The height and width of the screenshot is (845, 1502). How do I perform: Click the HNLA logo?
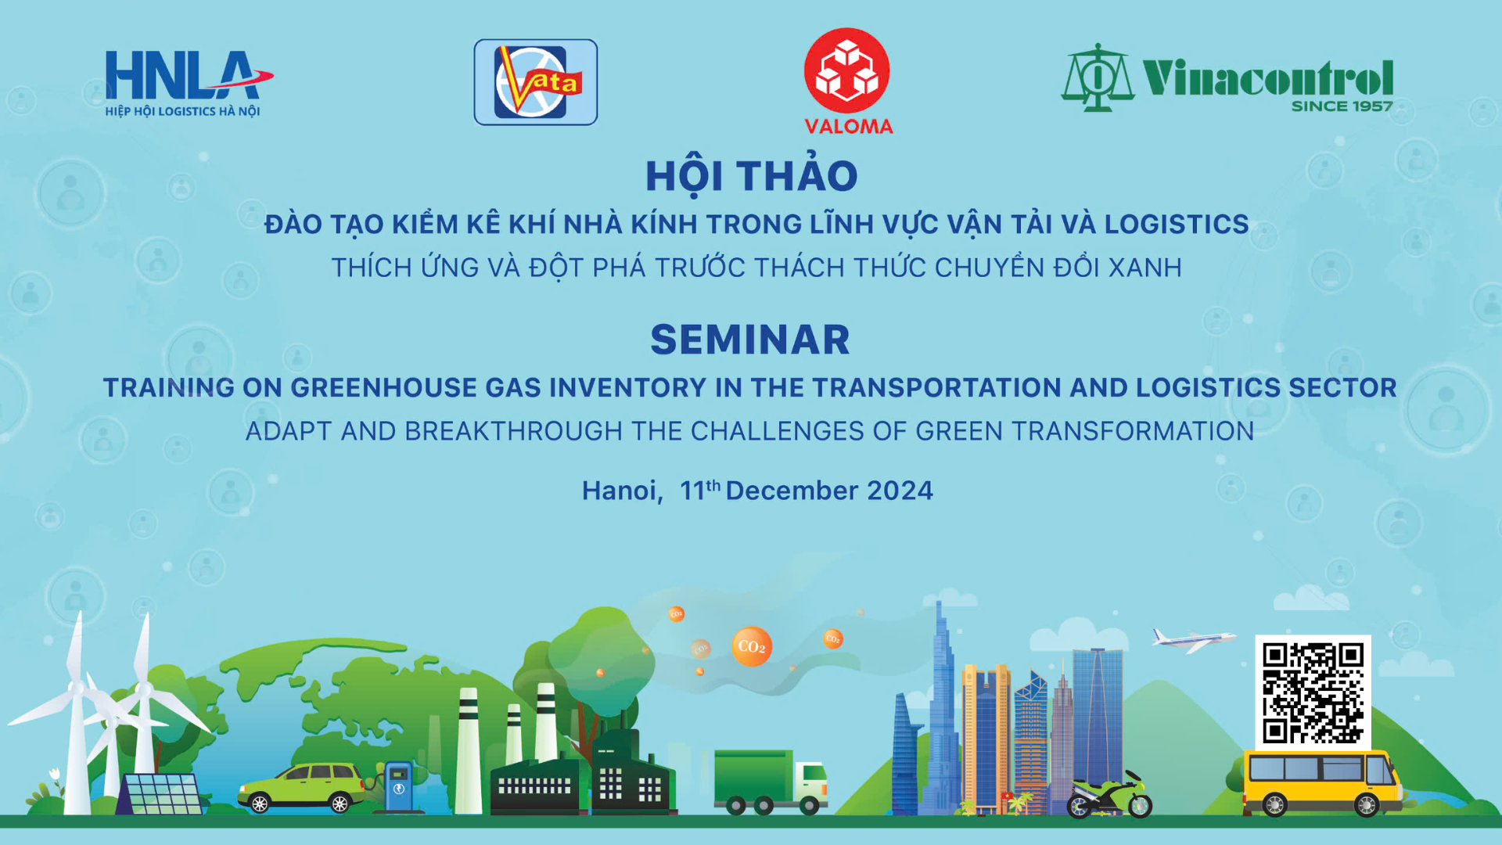coord(189,84)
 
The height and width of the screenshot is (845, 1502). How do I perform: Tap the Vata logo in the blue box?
coord(536,82)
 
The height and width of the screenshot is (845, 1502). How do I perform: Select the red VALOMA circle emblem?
coord(847,70)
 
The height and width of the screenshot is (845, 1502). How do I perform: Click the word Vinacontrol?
coord(1267,77)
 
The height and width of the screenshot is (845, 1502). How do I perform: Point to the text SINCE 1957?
coord(1342,106)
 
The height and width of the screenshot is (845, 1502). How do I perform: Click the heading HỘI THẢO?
coord(751,176)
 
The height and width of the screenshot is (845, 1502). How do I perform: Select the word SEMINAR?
coord(750,340)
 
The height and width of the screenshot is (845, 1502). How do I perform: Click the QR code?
coord(1313,692)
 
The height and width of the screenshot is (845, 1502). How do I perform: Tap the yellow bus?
coord(1321,783)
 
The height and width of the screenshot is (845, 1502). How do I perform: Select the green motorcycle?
coord(1109,795)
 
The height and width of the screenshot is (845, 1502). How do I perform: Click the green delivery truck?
coord(771,782)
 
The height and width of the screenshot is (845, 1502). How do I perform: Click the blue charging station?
coord(397,786)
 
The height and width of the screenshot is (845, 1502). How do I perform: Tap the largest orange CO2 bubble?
coord(751,646)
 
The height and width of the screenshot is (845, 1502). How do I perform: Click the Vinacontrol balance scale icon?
coord(1097,77)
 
